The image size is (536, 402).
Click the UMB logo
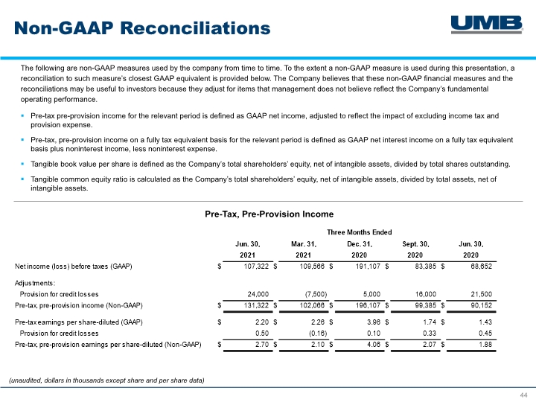(487, 25)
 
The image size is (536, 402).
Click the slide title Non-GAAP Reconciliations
(142, 28)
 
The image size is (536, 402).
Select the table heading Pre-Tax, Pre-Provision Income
(269, 214)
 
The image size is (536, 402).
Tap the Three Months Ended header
(360, 232)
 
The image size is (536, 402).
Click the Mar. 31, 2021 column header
(304, 249)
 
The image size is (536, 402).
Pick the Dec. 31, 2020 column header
(360, 249)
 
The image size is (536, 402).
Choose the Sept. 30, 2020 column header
(415, 249)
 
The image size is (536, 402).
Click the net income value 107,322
(256, 267)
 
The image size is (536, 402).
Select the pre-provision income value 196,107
(368, 305)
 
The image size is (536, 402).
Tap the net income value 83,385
(426, 267)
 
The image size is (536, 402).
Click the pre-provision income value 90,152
(482, 305)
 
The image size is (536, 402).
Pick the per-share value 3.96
(374, 322)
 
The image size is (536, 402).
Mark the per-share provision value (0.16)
(318, 334)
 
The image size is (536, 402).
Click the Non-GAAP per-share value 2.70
(262, 345)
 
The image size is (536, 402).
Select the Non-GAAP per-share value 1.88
(485, 345)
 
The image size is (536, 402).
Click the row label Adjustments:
(35, 283)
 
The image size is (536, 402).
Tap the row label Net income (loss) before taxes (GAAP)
(74, 267)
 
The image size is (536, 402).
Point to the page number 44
(523, 395)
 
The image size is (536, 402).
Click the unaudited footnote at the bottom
(106, 380)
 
